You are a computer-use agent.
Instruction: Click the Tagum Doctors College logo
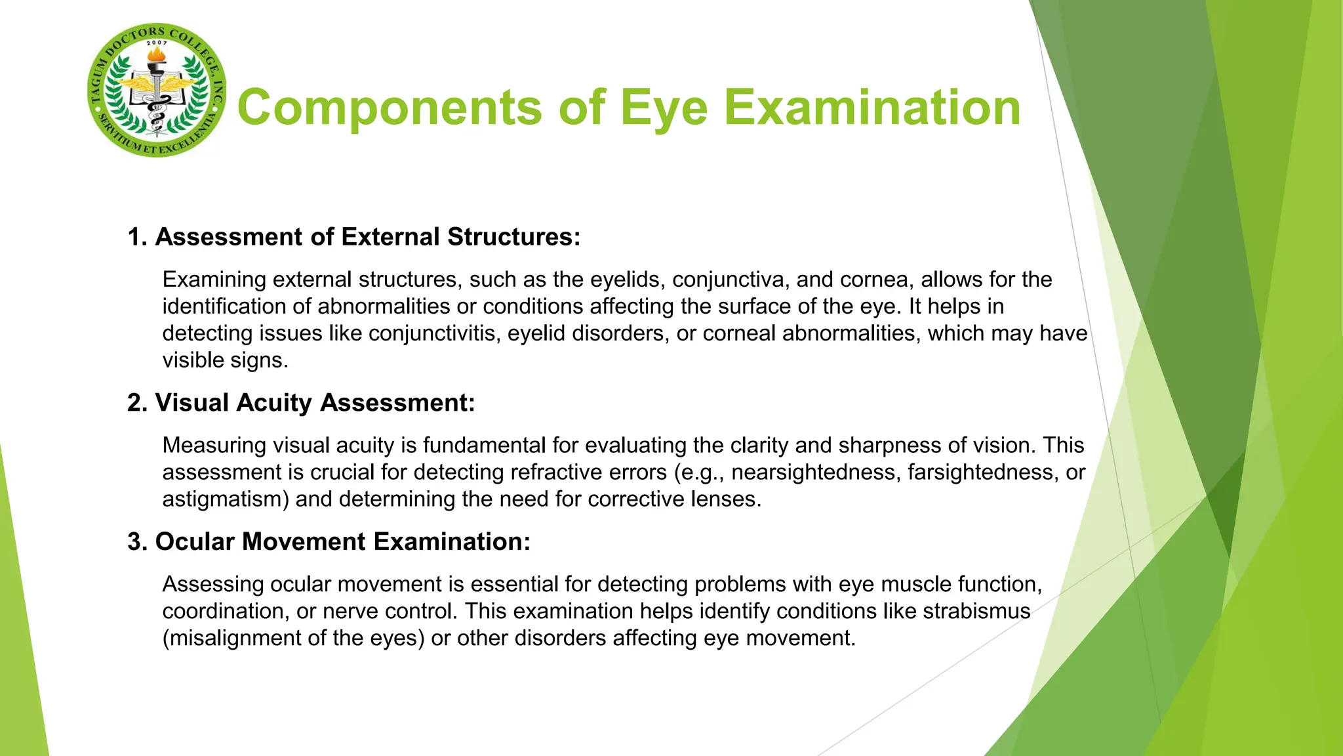tap(157, 91)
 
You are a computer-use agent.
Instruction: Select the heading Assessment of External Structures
tap(354, 237)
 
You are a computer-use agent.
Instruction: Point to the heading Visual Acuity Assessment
tap(301, 402)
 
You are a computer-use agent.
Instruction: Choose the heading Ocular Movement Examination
tap(329, 541)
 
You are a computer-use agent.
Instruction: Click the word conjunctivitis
tap(432, 333)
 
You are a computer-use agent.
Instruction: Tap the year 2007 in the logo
tap(157, 43)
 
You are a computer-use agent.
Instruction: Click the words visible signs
tap(225, 360)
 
